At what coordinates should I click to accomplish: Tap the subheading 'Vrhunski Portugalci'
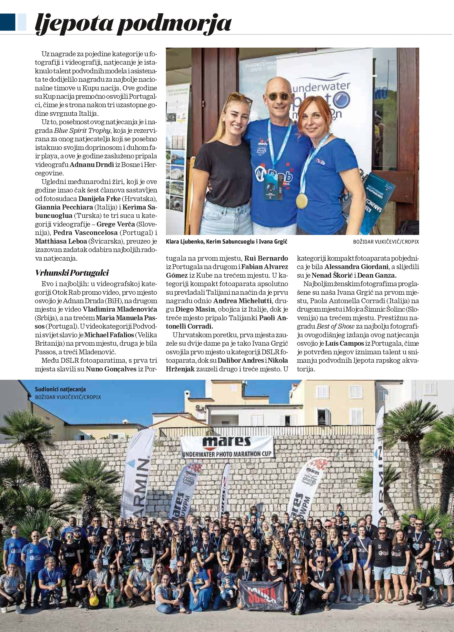pos(72,273)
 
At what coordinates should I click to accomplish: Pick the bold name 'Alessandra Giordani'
pos(357,267)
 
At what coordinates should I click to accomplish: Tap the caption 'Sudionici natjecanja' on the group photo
pos(60,389)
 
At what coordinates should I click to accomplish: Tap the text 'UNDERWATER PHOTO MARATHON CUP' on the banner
pos(227,454)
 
